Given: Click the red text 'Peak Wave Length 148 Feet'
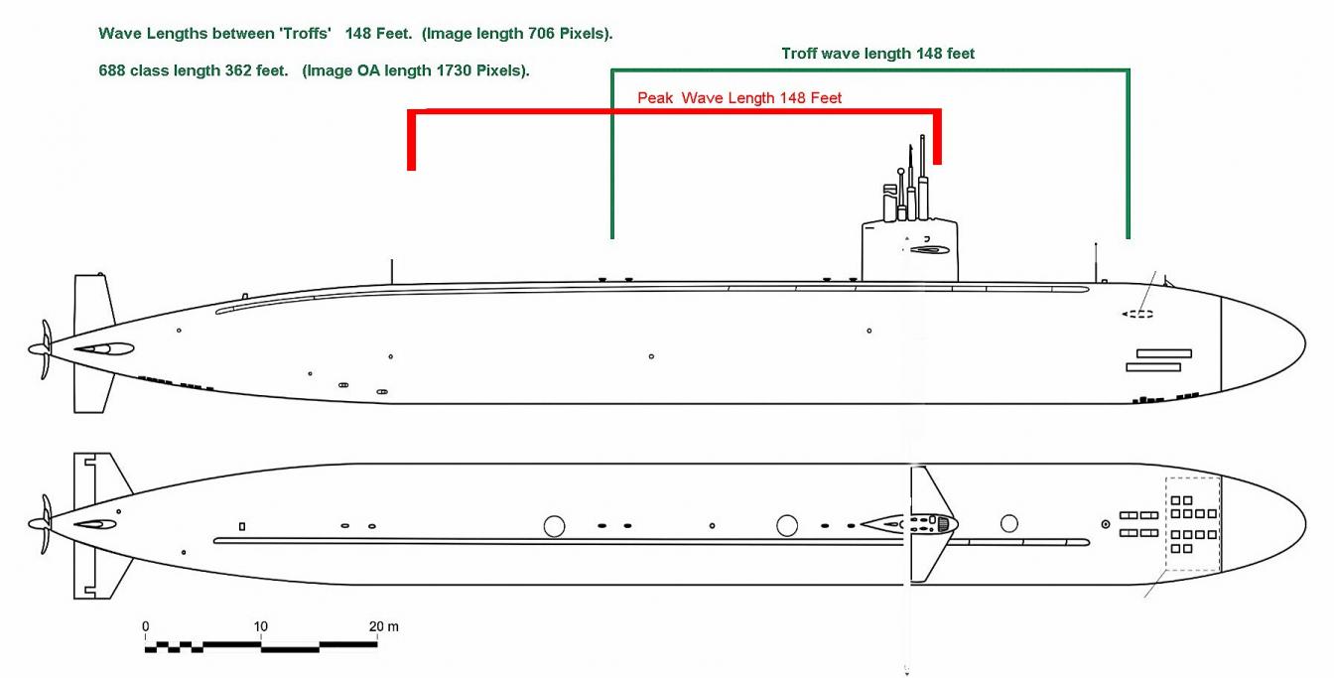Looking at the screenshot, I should [739, 98].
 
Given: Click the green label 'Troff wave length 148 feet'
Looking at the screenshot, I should [877, 54].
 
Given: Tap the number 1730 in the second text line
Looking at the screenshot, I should [434, 70].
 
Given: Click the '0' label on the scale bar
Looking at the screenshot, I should [145, 626].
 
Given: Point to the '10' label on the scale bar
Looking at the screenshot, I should [260, 626].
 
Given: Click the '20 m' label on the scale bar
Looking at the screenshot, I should [384, 626].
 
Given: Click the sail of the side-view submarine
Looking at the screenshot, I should [908, 252].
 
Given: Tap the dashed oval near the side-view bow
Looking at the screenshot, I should [1137, 315].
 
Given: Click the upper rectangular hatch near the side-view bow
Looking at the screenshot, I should [1163, 353].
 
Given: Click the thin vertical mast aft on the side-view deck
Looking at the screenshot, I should [392, 271].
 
